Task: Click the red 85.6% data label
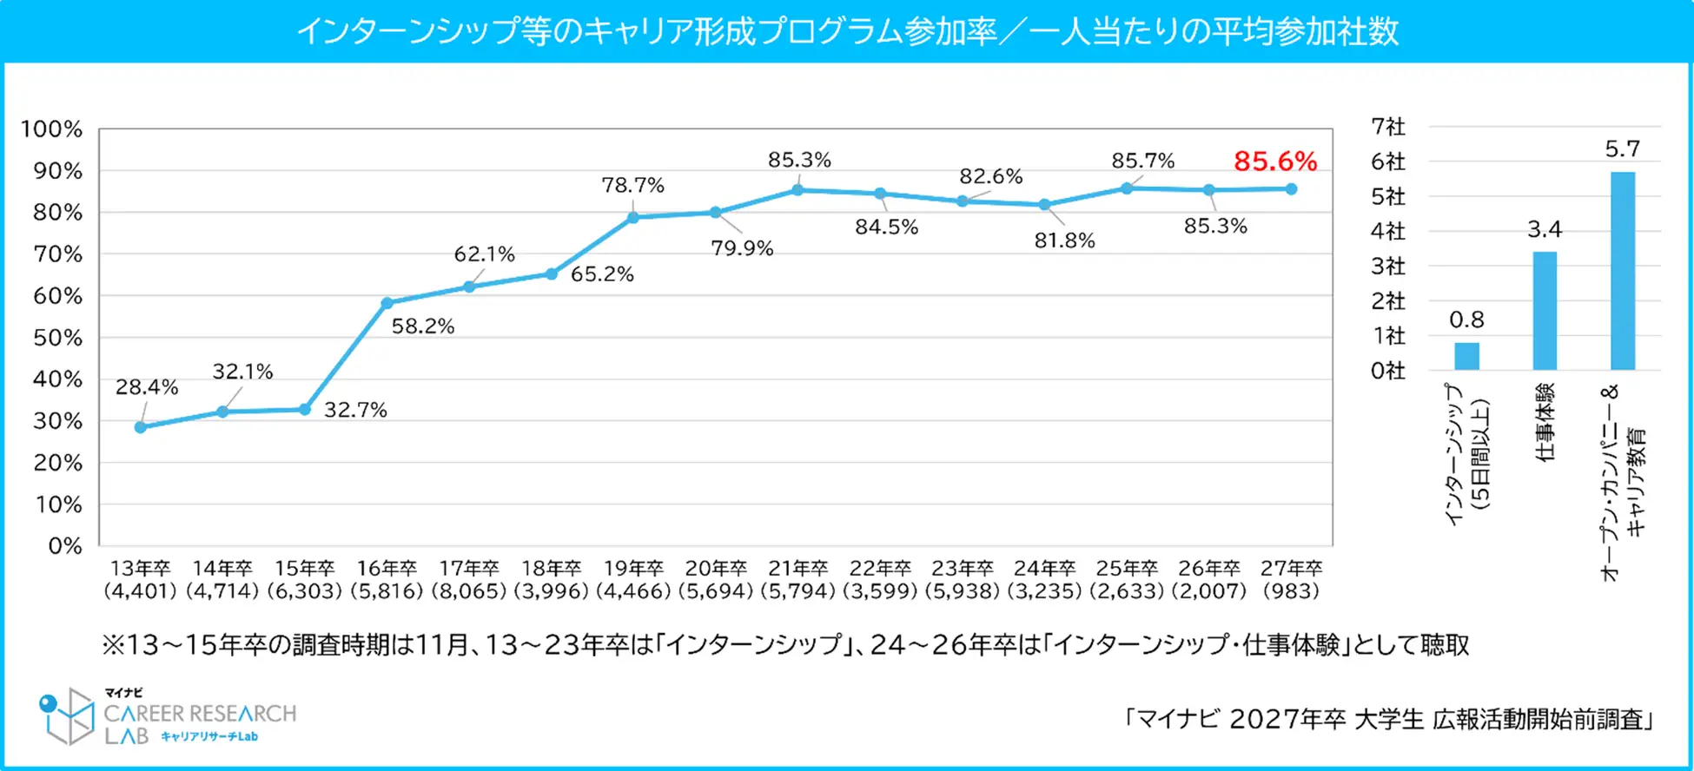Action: tap(1274, 161)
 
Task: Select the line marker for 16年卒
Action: tap(387, 303)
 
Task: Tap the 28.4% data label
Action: tap(147, 387)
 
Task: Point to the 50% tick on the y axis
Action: tap(58, 338)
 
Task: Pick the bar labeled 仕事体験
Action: tap(1545, 311)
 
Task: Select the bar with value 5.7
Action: tap(1622, 271)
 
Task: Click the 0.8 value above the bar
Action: tap(1466, 320)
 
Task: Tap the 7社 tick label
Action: tap(1387, 127)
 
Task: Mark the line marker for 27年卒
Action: tap(1291, 189)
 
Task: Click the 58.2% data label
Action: tap(423, 326)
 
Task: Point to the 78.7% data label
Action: tap(632, 185)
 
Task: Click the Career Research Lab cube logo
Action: tap(68, 715)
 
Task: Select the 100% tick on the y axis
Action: tap(52, 129)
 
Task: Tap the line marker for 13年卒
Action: tap(141, 427)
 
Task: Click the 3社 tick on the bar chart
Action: tap(1387, 266)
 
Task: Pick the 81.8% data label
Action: tap(1064, 241)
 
